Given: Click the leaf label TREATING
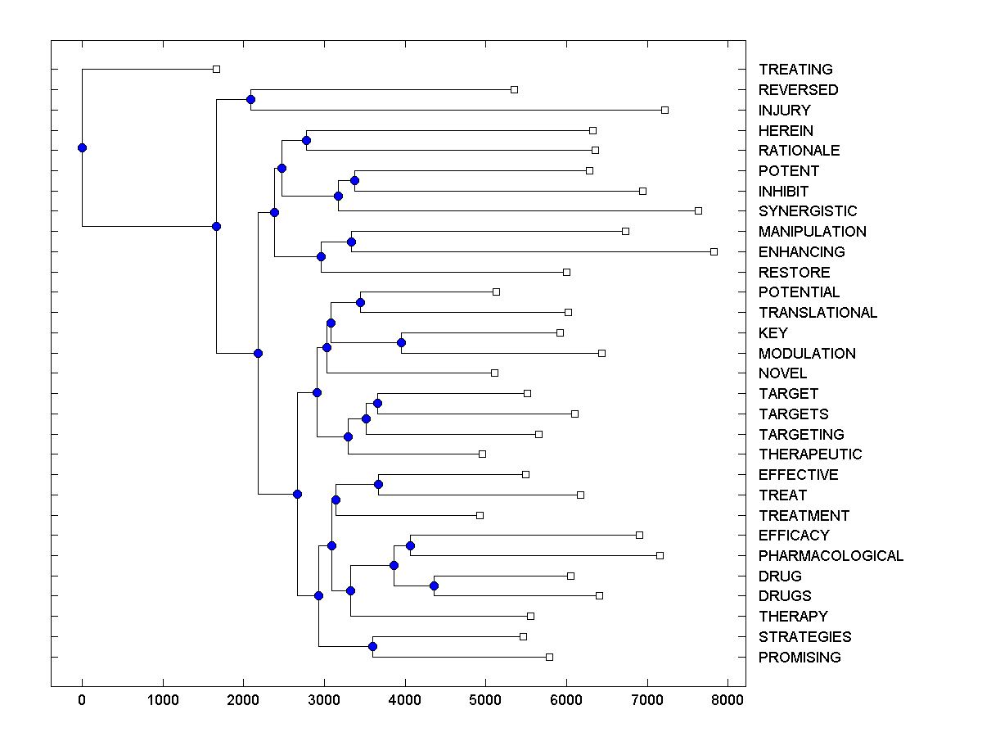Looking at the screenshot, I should click(x=795, y=70).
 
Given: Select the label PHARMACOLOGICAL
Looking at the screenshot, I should click(x=831, y=556).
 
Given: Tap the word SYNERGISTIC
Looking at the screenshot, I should click(x=808, y=211).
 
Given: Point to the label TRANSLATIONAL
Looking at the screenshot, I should click(x=818, y=313).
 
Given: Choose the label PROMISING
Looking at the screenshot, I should click(x=800, y=658).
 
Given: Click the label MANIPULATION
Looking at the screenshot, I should click(x=812, y=232).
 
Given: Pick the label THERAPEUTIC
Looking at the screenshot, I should click(x=810, y=454).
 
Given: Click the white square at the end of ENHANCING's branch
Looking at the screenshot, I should click(x=714, y=251).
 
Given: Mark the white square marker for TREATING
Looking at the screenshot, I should click(x=216, y=69).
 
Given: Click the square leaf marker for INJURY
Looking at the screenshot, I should click(x=664, y=110).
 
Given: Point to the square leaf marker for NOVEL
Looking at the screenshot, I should click(x=494, y=373).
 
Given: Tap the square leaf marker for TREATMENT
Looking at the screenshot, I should click(x=480, y=515).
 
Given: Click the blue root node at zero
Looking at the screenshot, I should click(x=82, y=147).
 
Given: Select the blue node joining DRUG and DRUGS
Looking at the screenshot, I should click(x=434, y=586).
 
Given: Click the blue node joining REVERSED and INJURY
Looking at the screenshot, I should click(x=250, y=99).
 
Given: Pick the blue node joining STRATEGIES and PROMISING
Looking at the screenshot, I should click(x=372, y=646).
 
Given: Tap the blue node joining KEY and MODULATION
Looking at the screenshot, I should click(x=401, y=342).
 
